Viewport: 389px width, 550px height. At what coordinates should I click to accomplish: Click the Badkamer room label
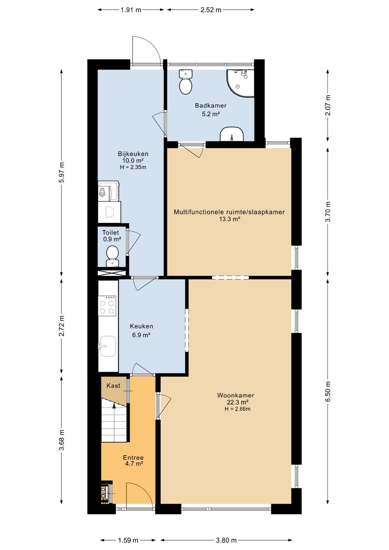pos(210,106)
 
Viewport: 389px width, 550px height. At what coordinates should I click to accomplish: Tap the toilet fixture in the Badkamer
pos(185,82)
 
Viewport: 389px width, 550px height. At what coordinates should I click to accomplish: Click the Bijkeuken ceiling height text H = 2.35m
pos(133,168)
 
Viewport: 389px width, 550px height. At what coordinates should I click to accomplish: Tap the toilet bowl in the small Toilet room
pos(112,256)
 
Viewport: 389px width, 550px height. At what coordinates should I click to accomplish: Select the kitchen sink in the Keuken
pos(107,346)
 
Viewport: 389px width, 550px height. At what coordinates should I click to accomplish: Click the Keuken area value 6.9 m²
pos(141,335)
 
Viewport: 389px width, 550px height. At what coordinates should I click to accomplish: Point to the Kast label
pos(113,386)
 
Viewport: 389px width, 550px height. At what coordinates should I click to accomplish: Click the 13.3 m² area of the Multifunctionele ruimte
pos(229,219)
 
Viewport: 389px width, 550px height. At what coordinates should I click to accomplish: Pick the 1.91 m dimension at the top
pos(131,10)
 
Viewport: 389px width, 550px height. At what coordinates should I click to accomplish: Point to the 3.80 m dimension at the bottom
pos(226,540)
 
